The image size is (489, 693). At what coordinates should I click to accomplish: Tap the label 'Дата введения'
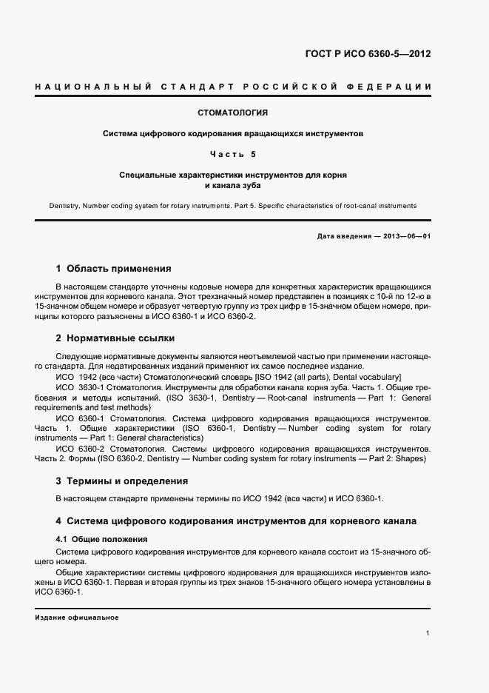(x=341, y=236)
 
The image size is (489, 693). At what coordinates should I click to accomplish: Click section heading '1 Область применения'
(x=113, y=268)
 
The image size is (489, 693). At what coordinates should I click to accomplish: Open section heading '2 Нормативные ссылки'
(x=115, y=338)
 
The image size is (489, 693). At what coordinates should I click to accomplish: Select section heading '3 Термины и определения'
(x=122, y=481)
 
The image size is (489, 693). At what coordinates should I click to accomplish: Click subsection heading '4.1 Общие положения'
(x=102, y=539)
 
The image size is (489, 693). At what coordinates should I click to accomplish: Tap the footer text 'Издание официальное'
(x=77, y=617)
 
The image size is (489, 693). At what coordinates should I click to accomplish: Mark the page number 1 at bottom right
(x=428, y=633)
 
